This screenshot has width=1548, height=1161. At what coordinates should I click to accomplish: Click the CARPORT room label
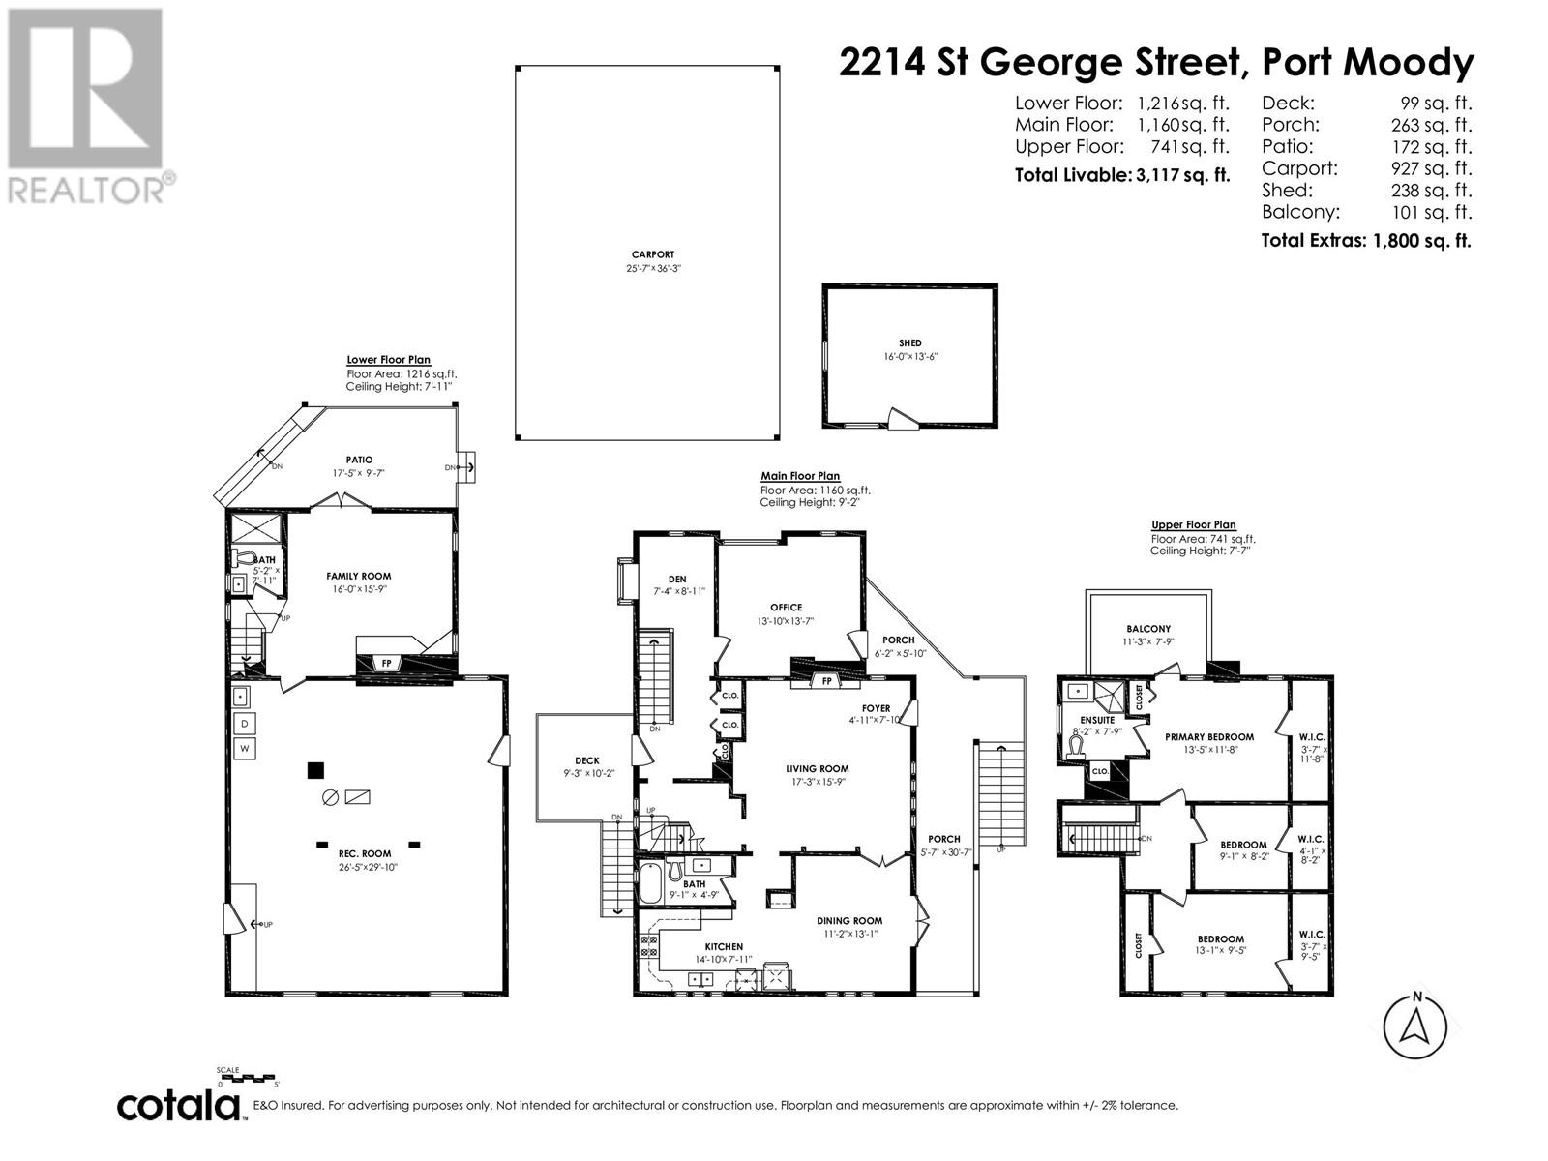pyautogui.click(x=648, y=255)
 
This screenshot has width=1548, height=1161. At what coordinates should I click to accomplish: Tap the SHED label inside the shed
pyautogui.click(x=909, y=343)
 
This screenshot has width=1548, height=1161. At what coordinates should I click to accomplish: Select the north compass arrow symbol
pyautogui.click(x=1415, y=1027)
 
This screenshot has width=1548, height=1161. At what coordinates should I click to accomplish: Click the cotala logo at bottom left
pyautogui.click(x=180, y=1106)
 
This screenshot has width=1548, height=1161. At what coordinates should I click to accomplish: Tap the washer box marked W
pyautogui.click(x=244, y=748)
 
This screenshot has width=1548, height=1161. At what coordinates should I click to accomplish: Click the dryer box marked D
pyautogui.click(x=244, y=724)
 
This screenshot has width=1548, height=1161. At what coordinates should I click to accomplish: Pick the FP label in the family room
pyautogui.click(x=386, y=664)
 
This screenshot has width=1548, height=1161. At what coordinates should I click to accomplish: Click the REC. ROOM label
pyautogui.click(x=365, y=853)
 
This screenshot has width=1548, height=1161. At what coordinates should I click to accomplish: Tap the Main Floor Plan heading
pyautogui.click(x=800, y=476)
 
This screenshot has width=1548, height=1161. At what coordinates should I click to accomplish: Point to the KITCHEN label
pyautogui.click(x=723, y=947)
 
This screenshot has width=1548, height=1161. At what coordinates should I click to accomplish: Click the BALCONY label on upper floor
pyautogui.click(x=1147, y=629)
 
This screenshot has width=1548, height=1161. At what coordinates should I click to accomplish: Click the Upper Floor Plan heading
pyautogui.click(x=1193, y=525)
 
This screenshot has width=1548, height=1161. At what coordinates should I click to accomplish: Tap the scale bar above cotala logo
pyautogui.click(x=248, y=1077)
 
